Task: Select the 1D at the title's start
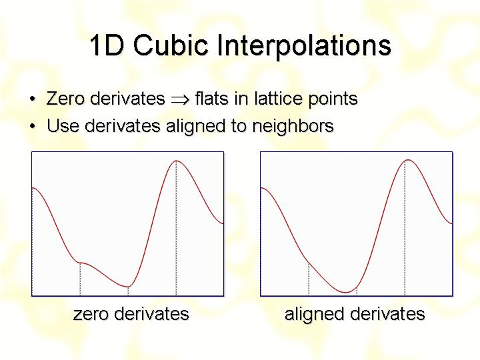point(107,45)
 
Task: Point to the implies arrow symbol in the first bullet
point(180,100)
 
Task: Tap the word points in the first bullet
point(333,100)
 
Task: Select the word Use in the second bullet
point(63,125)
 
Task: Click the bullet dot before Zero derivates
point(33,99)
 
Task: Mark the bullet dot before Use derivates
point(33,126)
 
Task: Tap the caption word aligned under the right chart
point(314,315)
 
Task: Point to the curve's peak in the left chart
point(176,161)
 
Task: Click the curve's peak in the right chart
point(408,160)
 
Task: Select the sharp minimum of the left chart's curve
point(128,287)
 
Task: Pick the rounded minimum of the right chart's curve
point(345,293)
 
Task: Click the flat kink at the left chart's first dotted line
point(80,263)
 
